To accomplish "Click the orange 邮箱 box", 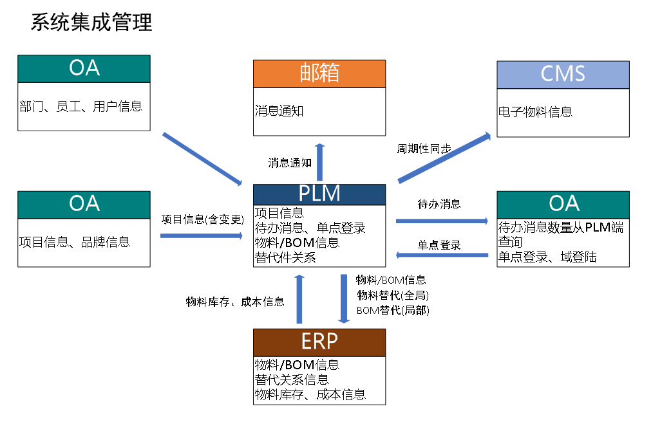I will click(x=319, y=73).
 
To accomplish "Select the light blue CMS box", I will click(x=563, y=75).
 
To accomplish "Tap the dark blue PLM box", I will click(x=319, y=194).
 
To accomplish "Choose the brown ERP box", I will click(x=319, y=342).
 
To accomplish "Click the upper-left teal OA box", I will click(x=84, y=69).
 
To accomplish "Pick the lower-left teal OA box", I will click(x=84, y=205).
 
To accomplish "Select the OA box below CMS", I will click(x=563, y=205).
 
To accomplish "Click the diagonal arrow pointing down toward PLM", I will click(x=202, y=159).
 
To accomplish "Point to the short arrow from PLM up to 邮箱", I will click(x=319, y=162).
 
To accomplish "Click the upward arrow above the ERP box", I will click(x=299, y=299).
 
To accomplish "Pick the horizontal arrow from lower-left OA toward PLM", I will click(x=202, y=236).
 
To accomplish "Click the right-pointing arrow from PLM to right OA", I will click(x=442, y=221).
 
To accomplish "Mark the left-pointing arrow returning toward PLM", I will click(x=442, y=255).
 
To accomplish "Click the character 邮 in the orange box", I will click(x=310, y=73).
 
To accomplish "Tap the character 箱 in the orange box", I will click(x=329, y=73).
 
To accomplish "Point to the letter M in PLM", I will click(x=332, y=194).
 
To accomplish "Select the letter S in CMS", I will click(x=578, y=75).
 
